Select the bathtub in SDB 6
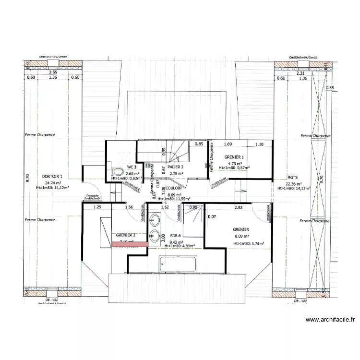tap(178, 263)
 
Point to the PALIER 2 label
tap(176, 166)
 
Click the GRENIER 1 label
tap(234, 157)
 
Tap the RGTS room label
tap(293, 176)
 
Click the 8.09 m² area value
tap(241, 236)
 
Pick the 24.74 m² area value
tap(53, 183)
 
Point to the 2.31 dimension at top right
tap(300, 73)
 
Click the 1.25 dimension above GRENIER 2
tap(97, 207)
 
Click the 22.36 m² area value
tap(294, 183)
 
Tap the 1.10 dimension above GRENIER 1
tap(259, 144)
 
